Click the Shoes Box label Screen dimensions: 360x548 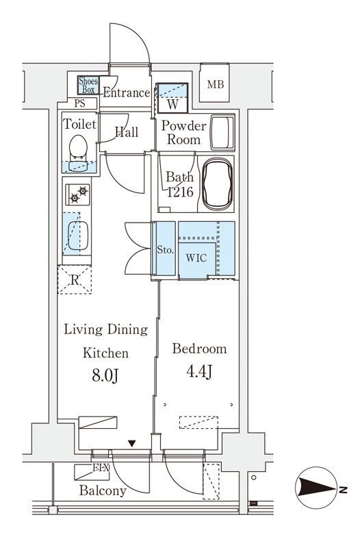click(88, 85)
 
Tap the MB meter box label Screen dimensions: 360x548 click(215, 84)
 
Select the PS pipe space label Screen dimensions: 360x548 click(79, 103)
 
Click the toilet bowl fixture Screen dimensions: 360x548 click(78, 153)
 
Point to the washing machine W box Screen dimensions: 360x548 click(172, 98)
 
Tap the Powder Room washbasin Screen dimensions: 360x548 click(222, 132)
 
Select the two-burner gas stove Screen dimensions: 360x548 click(77, 195)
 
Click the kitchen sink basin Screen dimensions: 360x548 click(77, 236)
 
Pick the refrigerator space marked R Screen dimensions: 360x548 click(75, 279)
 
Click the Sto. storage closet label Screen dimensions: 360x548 click(165, 250)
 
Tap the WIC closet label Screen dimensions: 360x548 click(196, 258)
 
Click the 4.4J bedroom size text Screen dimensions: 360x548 click(199, 371)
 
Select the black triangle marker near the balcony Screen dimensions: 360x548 click(131, 443)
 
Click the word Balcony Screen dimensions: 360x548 click(103, 490)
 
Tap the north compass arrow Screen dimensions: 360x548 click(316, 487)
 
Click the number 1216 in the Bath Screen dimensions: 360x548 click(180, 192)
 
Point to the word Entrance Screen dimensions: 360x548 click(127, 92)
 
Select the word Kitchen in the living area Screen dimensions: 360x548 click(106, 353)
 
